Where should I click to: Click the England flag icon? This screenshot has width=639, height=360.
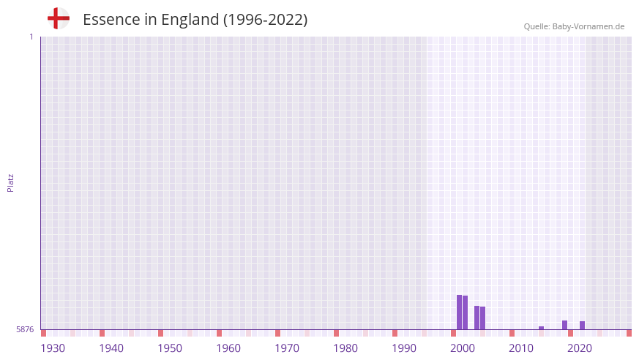point(59,18)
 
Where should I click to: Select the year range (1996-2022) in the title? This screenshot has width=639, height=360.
point(266,20)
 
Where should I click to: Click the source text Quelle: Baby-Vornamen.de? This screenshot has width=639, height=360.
point(574,26)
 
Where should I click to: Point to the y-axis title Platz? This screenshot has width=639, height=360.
point(10,182)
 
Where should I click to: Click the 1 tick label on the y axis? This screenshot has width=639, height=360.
point(31,37)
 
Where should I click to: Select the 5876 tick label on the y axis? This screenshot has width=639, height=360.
point(25,330)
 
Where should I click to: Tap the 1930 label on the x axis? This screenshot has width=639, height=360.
point(53,348)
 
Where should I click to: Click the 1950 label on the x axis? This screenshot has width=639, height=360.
point(170,348)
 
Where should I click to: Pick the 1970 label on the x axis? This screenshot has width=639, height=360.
point(287,348)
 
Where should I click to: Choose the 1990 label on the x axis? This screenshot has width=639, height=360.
point(404,348)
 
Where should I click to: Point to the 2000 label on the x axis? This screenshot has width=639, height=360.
point(463,348)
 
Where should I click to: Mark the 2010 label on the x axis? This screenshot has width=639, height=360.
point(521,348)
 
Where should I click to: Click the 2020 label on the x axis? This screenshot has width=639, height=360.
point(580,348)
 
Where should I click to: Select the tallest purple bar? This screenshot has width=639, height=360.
point(459,312)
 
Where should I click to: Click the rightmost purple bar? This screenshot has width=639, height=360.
point(582,326)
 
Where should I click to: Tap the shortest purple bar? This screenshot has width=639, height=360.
point(541,328)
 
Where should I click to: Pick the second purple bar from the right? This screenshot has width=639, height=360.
point(564,325)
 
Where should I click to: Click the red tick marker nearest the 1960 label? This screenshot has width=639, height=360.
point(219,333)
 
